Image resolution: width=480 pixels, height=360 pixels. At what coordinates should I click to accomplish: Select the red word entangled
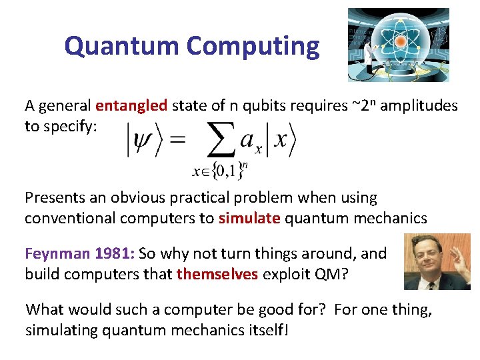(131, 105)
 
